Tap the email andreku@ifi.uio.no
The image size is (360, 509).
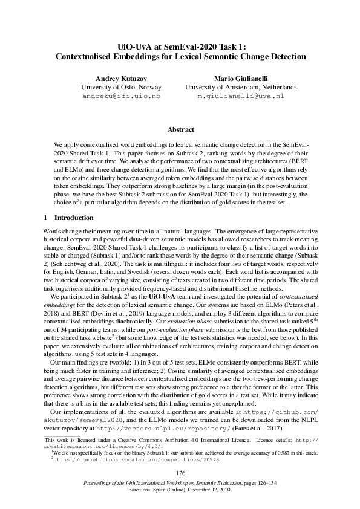121,96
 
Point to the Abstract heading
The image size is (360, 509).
180,129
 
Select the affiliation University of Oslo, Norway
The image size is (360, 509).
120,87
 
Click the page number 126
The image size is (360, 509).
180,472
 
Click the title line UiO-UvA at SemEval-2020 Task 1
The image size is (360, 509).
180,46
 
